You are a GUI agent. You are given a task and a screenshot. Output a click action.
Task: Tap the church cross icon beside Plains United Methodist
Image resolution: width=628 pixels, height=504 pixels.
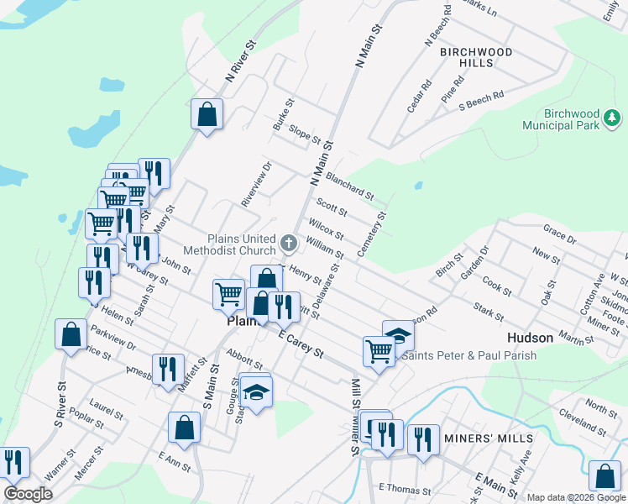coord(289,244)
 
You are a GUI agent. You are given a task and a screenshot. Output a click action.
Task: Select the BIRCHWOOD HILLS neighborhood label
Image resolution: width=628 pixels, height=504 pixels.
coord(476,57)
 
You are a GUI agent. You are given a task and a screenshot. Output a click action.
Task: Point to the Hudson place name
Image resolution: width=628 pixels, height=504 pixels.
coord(530,338)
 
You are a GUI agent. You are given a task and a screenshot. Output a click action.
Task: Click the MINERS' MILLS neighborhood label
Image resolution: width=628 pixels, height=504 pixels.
coord(490,439)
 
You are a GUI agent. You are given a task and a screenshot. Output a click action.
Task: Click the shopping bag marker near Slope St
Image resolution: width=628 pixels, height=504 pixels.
coord(207,114)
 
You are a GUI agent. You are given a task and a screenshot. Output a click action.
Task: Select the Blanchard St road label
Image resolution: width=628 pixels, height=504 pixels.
coord(349,186)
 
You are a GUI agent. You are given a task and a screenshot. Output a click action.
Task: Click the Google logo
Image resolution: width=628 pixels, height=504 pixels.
coord(29,494)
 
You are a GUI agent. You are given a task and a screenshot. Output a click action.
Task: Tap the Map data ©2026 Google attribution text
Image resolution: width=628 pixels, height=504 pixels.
coord(576,498)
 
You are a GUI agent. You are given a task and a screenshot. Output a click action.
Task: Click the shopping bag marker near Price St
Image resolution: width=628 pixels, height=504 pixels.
coord(71,333)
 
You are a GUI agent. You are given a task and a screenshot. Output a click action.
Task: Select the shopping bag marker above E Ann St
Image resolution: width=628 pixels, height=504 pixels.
coord(184,427)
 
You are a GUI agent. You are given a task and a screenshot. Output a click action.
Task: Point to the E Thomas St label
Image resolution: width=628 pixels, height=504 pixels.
coord(404,489)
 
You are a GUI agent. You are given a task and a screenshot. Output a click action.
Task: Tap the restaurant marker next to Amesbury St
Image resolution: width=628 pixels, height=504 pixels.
coord(168,368)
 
